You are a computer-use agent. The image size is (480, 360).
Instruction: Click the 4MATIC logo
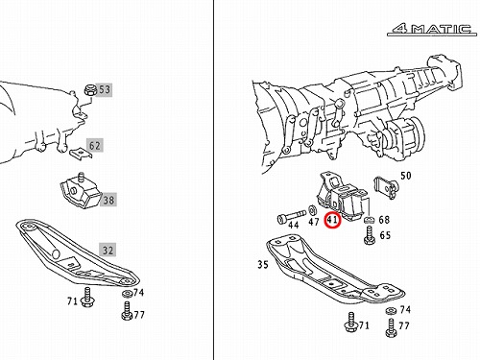[x=432, y=30]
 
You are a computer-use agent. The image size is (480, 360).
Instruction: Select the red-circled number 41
[x=332, y=220]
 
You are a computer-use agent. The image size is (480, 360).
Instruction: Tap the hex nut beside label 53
[x=90, y=90]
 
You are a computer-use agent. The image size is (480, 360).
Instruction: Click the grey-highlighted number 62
[x=94, y=146]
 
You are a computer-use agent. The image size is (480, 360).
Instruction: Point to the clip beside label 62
[x=81, y=153]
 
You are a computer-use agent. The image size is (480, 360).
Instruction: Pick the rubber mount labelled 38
[x=80, y=190]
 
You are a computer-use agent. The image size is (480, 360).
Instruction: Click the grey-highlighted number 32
[x=108, y=250]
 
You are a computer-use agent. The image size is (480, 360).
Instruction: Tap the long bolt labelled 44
[x=291, y=219]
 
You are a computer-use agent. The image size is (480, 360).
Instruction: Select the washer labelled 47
[x=312, y=210]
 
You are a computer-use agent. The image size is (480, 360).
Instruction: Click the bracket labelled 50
[x=386, y=186]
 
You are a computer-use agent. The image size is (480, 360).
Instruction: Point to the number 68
[x=384, y=220]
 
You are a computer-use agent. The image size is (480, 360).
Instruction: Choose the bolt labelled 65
[x=370, y=235]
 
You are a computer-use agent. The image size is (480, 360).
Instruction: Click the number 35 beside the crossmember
[x=263, y=265]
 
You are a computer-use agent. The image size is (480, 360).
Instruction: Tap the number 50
[x=406, y=176]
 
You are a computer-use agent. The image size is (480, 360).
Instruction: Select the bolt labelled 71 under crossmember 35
[x=351, y=324]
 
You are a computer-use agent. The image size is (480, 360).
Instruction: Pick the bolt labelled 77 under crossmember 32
[x=127, y=310]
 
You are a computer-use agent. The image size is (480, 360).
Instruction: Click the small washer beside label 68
[x=370, y=220]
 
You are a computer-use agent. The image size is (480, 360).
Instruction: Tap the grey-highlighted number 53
[x=105, y=89]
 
